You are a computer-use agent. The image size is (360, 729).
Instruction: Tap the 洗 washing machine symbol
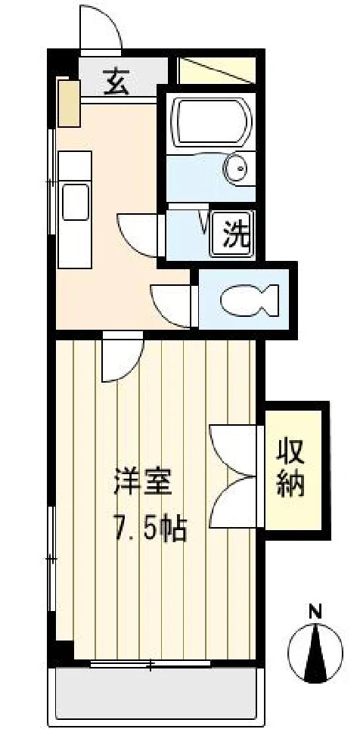(232, 233)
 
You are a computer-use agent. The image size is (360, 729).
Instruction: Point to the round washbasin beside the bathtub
(235, 169)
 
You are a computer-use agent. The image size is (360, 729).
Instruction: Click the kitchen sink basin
(75, 202)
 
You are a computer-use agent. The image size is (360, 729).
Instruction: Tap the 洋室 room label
(143, 484)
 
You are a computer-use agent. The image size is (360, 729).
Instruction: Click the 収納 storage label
(290, 469)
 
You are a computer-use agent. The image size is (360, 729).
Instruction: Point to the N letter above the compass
(316, 611)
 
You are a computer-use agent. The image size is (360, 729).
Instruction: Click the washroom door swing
(138, 234)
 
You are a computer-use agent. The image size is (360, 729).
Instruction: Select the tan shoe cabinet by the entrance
(70, 103)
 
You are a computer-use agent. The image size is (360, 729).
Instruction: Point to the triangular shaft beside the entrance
(217, 70)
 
